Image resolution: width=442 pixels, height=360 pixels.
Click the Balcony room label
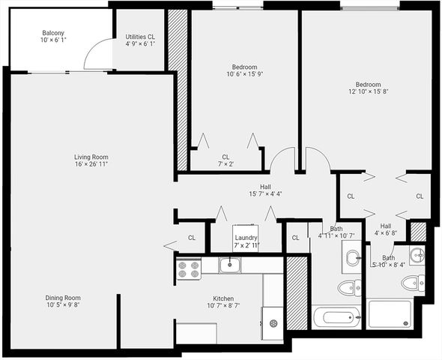click(52, 34)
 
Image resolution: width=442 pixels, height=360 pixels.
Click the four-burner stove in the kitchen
click(188, 268)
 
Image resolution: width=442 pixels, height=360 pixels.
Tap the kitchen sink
click(231, 264)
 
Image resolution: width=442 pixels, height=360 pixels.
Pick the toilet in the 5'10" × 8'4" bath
click(412, 283)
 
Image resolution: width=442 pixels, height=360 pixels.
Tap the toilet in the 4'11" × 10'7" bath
click(348, 288)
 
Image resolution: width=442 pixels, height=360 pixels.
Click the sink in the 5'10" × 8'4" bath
click(417, 255)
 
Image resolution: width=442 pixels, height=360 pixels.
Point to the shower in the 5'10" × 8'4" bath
click(390, 313)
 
